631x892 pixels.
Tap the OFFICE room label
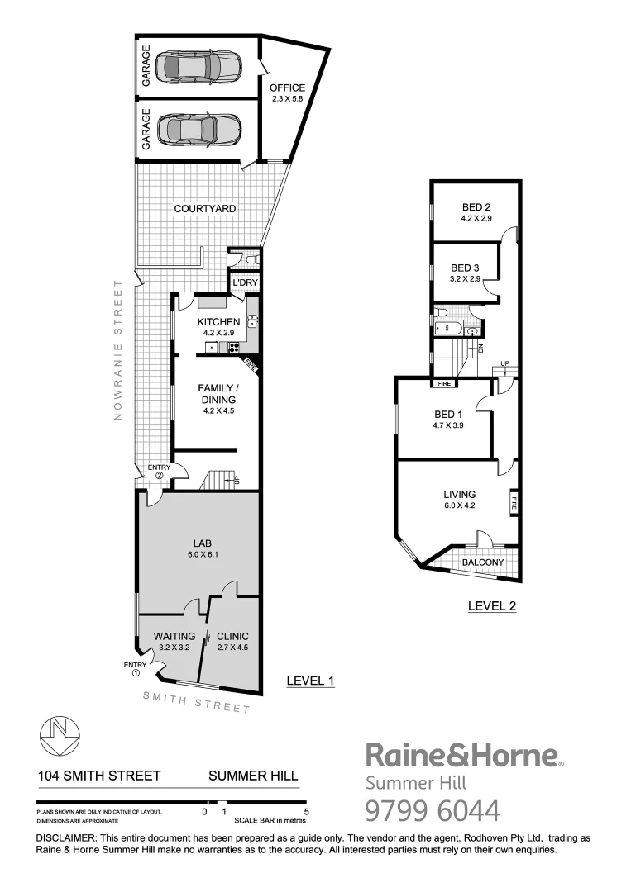click(x=287, y=88)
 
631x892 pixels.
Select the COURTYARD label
click(x=204, y=209)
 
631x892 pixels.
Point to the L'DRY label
click(x=244, y=283)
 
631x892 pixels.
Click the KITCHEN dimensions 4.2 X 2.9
click(x=218, y=332)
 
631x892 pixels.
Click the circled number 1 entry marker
click(x=134, y=673)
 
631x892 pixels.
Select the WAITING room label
click(x=174, y=636)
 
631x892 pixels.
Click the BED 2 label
click(x=476, y=206)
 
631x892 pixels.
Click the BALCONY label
click(x=483, y=562)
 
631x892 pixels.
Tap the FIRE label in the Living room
click(x=514, y=501)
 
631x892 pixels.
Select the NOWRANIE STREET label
click(x=117, y=350)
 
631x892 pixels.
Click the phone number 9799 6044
click(x=433, y=811)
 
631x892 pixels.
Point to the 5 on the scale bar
click(x=306, y=812)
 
